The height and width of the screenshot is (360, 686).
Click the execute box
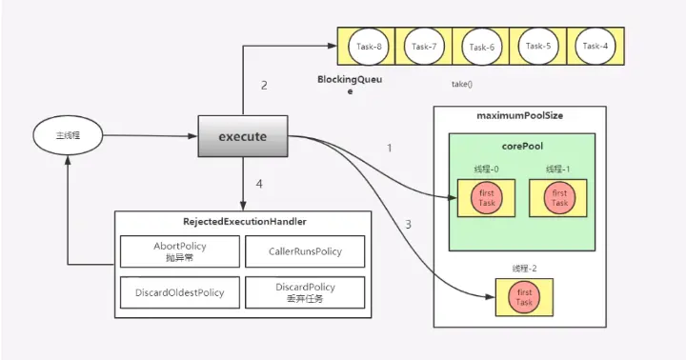pos(242,136)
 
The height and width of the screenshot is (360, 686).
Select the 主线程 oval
pos(69,136)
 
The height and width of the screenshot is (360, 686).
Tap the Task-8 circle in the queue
pos(368,46)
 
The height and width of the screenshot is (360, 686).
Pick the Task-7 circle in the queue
pos(424,46)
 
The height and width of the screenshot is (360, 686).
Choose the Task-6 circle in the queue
pos(480,46)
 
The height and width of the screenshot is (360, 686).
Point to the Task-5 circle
pos(537,46)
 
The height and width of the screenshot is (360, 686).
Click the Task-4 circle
pos(594,46)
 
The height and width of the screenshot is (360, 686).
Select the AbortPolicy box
pos(180,251)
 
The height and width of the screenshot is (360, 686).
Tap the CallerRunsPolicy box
pos(305,251)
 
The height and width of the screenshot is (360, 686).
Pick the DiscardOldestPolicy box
pos(180,292)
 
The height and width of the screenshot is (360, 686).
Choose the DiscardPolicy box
pos(305,292)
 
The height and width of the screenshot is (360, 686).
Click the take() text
pos(462,84)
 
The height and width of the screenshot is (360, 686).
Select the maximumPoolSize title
pos(520,115)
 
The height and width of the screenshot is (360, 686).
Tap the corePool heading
pos(521,147)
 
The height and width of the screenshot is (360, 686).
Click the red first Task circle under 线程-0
pos(486,198)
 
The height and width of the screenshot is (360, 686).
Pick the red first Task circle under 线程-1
pos(558,198)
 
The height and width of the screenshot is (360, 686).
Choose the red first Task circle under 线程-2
pos(524,296)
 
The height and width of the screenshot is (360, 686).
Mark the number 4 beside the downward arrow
pos(260,184)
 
